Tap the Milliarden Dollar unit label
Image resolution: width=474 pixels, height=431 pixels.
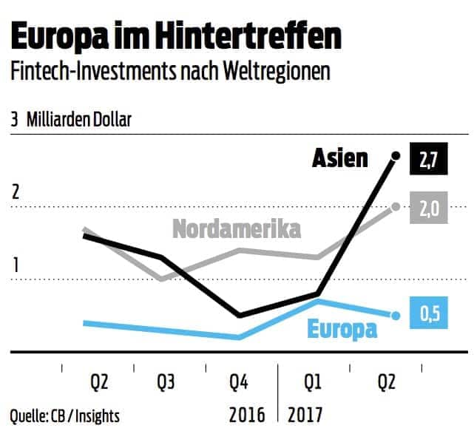[x=79, y=119]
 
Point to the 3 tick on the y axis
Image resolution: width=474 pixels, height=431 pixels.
[x=14, y=119]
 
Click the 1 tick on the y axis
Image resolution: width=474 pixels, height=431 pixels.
[x=14, y=265]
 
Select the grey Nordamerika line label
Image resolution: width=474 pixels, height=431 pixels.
[x=237, y=229]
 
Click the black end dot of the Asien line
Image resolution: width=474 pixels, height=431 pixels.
[x=396, y=156]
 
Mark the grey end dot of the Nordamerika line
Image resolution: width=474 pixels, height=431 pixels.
[x=396, y=206]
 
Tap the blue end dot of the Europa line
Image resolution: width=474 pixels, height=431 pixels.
[x=396, y=316]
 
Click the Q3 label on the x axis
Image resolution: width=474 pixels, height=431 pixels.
[x=167, y=383]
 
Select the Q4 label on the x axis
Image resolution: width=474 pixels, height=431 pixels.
[x=238, y=383]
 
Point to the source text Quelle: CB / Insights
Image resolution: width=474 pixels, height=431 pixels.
[x=65, y=415]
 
